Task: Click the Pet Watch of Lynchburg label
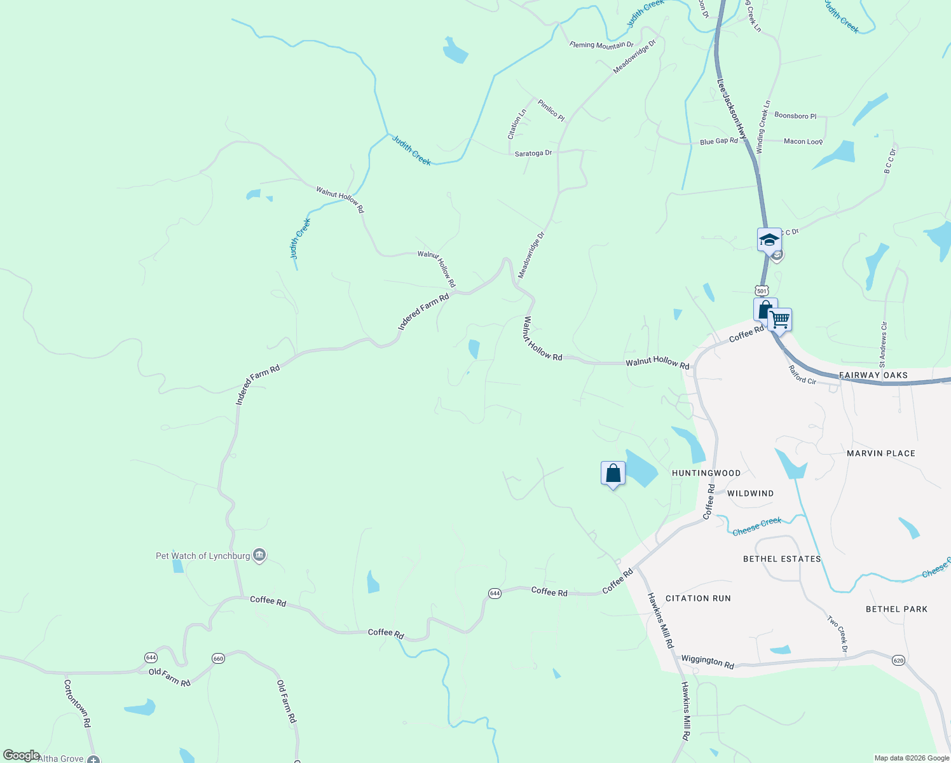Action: [x=203, y=556]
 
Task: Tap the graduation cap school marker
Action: [x=769, y=240]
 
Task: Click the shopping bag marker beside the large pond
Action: [x=613, y=474]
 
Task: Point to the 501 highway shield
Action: [x=763, y=291]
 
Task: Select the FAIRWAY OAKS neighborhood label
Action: [x=873, y=375]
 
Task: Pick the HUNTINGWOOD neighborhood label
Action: [x=706, y=473]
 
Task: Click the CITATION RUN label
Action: [x=698, y=598]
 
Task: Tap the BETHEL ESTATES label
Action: [x=782, y=559]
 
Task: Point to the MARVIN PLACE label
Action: [x=881, y=453]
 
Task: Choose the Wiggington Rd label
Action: [x=708, y=661]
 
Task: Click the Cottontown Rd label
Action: [x=77, y=704]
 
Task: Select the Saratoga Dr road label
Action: [x=533, y=153]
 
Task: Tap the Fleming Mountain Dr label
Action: [x=601, y=45]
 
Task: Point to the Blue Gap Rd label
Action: [x=719, y=141]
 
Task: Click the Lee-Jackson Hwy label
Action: [x=732, y=109]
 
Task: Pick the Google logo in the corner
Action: [x=21, y=755]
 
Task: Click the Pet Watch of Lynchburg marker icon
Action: [x=259, y=555]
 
